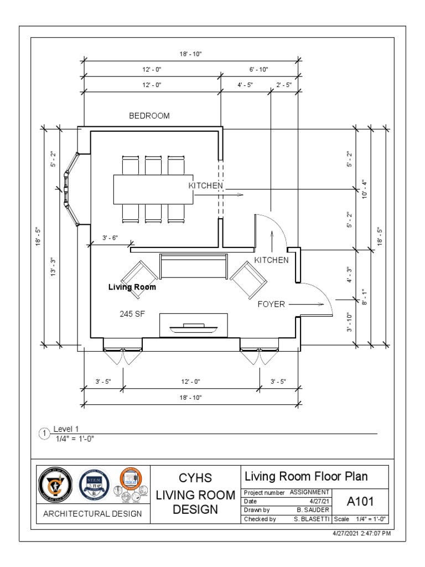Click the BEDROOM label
(149, 116)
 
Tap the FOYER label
(271, 304)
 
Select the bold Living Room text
(132, 287)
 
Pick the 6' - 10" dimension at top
(259, 69)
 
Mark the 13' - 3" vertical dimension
(54, 267)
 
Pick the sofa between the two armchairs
(193, 267)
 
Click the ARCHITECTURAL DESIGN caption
(91, 514)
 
